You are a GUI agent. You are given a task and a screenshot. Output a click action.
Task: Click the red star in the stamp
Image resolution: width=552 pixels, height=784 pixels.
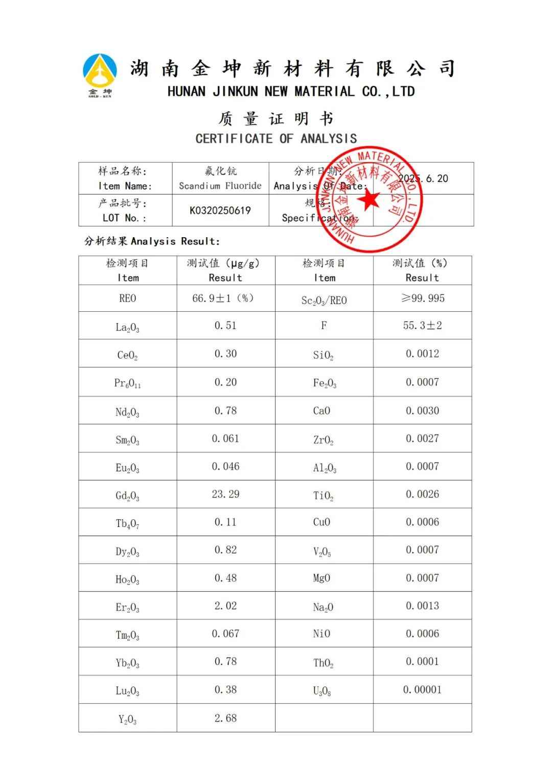click(x=369, y=200)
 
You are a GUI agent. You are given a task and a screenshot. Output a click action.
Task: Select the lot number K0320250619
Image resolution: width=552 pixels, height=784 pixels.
click(x=220, y=210)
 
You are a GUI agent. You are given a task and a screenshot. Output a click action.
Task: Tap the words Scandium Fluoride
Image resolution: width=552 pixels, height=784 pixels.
click(x=220, y=186)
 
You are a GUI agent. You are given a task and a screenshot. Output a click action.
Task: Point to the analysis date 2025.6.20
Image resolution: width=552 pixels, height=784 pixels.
click(x=423, y=178)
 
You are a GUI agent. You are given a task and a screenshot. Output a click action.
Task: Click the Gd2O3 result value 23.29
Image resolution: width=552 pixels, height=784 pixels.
click(x=225, y=494)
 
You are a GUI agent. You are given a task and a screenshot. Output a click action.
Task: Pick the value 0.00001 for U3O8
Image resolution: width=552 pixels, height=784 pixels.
click(x=422, y=689)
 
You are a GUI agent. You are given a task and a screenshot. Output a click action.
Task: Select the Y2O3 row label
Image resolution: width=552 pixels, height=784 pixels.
click(x=127, y=720)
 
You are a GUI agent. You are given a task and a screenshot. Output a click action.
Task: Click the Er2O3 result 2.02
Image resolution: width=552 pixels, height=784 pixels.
click(x=225, y=606)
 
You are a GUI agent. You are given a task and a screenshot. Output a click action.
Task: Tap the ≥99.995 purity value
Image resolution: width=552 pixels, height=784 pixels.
click(x=423, y=298)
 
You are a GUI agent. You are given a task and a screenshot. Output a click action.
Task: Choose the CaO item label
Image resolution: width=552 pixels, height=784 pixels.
click(x=321, y=411)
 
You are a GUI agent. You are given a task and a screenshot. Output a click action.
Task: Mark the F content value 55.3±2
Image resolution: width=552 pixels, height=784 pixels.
click(x=422, y=326)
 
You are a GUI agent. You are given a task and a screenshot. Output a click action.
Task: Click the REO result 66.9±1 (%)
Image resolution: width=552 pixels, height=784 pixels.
click(x=223, y=298)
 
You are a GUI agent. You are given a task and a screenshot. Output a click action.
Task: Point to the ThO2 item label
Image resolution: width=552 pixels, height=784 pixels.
click(x=324, y=663)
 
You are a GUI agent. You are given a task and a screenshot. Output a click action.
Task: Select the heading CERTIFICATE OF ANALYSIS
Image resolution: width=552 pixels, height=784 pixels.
click(x=276, y=139)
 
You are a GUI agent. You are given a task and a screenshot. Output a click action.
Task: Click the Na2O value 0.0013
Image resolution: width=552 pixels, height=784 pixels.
click(x=422, y=606)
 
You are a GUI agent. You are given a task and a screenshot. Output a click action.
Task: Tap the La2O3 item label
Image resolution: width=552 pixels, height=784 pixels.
click(x=127, y=327)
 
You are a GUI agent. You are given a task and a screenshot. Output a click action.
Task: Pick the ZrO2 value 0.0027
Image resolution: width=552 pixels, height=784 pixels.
click(x=422, y=439)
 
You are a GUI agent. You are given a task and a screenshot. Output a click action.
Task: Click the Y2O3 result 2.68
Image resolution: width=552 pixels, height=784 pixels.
click(x=225, y=718)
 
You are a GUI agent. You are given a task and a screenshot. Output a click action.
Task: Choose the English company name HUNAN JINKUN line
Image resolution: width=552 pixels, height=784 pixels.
click(x=291, y=92)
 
